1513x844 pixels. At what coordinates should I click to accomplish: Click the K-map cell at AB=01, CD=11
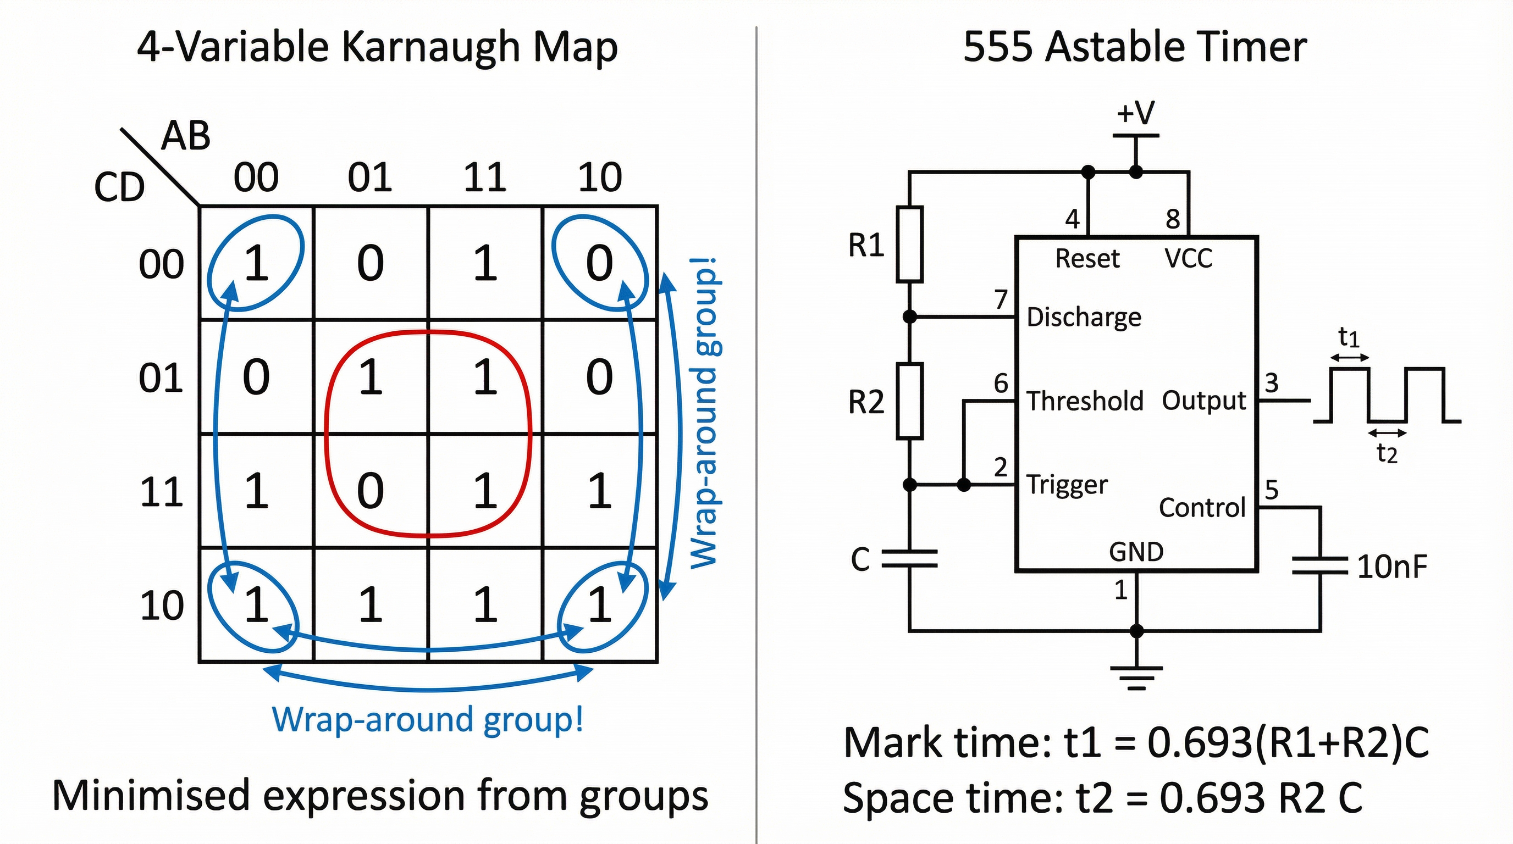click(371, 491)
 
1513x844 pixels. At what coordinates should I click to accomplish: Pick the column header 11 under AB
click(484, 177)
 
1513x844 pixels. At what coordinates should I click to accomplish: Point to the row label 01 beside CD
click(161, 377)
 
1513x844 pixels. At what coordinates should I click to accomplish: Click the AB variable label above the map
click(186, 136)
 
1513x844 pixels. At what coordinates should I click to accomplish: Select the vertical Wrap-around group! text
click(704, 413)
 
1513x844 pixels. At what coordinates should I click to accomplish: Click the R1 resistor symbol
click(909, 244)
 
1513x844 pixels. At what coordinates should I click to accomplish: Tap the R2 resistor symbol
click(909, 401)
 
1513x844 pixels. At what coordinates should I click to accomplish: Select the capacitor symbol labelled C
click(909, 559)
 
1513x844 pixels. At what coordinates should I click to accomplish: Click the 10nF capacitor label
click(1391, 567)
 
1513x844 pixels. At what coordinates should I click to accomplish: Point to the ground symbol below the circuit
click(1136, 677)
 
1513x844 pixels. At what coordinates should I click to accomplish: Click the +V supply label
click(1135, 113)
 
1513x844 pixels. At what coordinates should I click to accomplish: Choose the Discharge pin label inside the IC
click(1084, 318)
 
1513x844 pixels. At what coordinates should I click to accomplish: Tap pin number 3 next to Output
click(1272, 384)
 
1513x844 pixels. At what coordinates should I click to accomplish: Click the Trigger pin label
click(1067, 485)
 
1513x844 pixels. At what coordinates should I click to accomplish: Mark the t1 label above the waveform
click(1349, 337)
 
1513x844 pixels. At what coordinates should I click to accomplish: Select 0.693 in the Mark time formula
click(1200, 743)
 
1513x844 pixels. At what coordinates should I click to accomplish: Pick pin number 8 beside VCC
click(1173, 219)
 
